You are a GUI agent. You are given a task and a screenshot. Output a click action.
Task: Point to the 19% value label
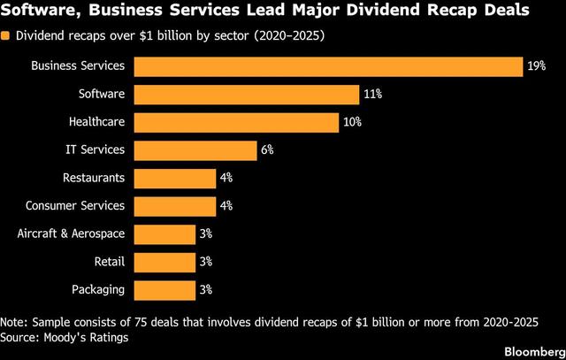click(x=537, y=66)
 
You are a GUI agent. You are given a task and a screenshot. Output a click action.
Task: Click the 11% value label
click(x=373, y=95)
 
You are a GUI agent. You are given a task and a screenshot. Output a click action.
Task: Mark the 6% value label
click(x=268, y=150)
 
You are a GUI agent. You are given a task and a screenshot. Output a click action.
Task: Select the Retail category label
click(x=109, y=262)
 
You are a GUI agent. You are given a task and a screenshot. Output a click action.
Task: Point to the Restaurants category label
click(x=94, y=178)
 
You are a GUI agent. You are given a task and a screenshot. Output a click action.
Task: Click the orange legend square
click(x=6, y=37)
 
